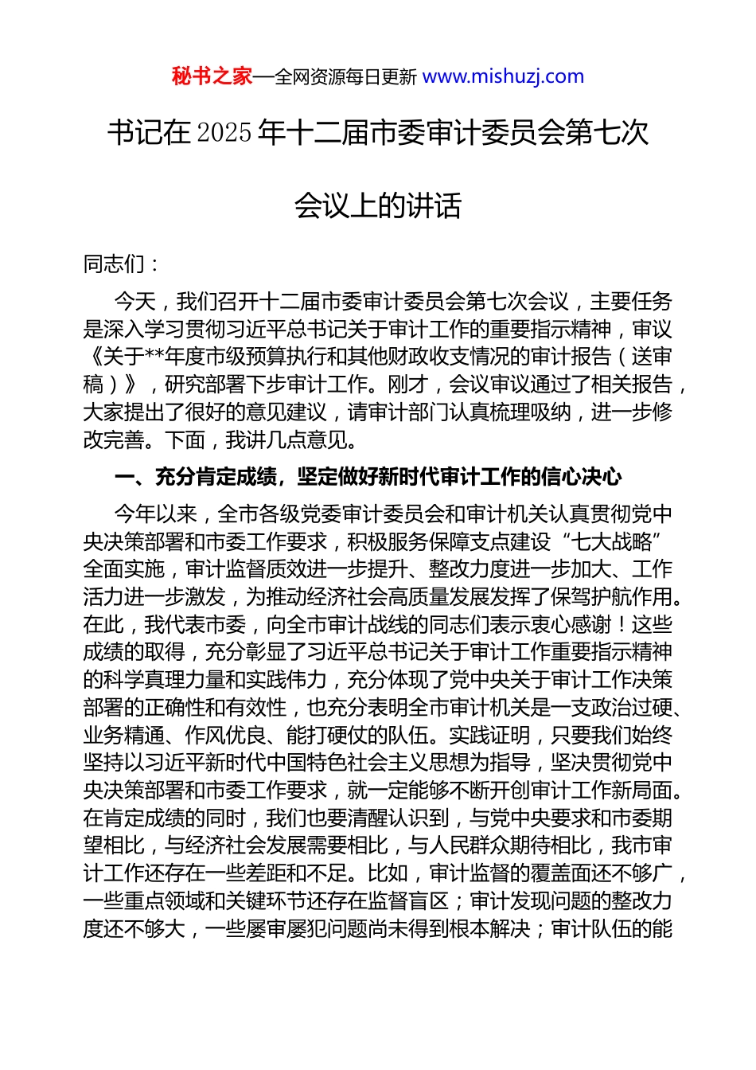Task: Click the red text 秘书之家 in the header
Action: point(212,76)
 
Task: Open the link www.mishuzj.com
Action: point(503,76)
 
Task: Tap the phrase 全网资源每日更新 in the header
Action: point(345,77)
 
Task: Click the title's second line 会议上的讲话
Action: point(378,205)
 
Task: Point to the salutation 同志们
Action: point(114,264)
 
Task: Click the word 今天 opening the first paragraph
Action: point(134,302)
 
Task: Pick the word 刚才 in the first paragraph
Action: point(408,385)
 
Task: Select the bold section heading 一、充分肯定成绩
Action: point(196,477)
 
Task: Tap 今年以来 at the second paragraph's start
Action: point(154,514)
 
